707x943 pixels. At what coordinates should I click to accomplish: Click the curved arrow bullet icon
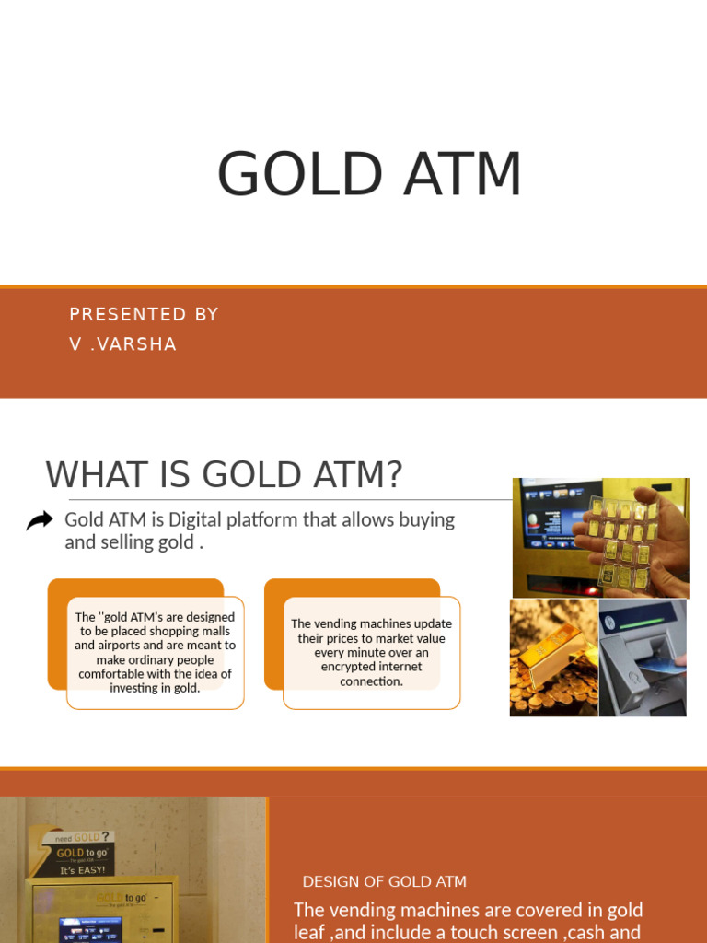40,521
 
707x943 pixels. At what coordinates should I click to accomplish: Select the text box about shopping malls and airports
155,652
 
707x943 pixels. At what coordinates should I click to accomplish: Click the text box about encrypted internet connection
371,652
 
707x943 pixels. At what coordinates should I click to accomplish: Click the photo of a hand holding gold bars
600,537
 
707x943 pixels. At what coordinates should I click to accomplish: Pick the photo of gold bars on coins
553,658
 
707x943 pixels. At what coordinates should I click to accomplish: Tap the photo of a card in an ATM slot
643,658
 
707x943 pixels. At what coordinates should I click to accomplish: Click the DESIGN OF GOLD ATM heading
384,881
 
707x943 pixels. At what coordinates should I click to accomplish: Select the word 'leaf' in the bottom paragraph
308,932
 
